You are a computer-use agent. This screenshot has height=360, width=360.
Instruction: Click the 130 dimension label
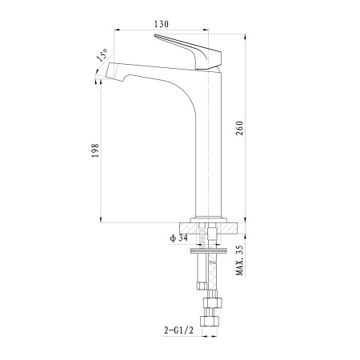click(162, 24)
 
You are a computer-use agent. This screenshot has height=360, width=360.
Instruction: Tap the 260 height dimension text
click(240, 128)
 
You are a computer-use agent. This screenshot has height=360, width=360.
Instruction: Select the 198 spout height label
click(95, 150)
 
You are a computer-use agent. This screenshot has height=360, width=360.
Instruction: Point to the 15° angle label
click(102, 55)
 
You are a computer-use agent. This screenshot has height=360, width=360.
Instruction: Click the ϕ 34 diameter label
click(179, 238)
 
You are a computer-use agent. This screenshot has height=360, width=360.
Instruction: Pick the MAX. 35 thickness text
click(240, 261)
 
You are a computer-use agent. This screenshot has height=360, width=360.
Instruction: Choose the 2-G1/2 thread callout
click(178, 330)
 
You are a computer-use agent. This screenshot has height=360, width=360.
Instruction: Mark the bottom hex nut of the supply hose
click(210, 321)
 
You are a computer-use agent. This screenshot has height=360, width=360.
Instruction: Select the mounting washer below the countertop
click(209, 250)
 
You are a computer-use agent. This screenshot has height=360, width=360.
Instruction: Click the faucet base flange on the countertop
click(209, 220)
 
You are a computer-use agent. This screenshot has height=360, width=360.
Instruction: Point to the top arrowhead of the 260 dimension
click(245, 37)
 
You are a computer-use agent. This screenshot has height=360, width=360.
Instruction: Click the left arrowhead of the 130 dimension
click(117, 30)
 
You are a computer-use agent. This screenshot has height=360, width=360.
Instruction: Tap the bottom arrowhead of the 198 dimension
click(101, 219)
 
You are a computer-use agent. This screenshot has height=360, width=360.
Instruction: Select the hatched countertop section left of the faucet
click(189, 228)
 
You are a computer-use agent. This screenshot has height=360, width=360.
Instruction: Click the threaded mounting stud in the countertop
click(202, 234)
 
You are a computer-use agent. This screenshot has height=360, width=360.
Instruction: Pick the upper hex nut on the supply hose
click(213, 302)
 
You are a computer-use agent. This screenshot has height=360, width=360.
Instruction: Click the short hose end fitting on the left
click(202, 286)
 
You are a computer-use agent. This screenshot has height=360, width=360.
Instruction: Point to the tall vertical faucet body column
click(209, 144)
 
